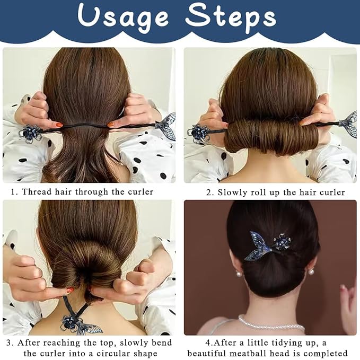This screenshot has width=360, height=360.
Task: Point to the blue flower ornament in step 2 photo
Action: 198,133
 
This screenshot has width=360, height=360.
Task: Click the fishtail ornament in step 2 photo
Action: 348,125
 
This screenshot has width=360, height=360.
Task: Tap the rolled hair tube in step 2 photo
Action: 271,137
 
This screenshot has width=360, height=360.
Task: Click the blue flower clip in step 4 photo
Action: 282,242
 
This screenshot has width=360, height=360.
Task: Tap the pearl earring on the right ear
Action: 311,271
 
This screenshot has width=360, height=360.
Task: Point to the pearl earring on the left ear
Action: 239,273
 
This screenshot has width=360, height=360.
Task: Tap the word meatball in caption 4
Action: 249,353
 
